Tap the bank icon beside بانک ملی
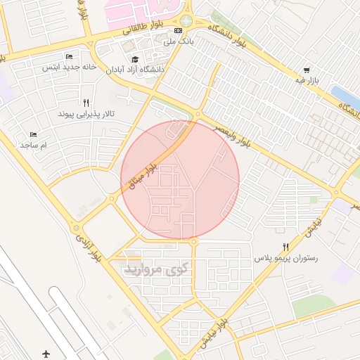coord(179,31)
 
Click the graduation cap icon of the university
coord(134,59)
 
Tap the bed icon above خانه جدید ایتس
coord(69,56)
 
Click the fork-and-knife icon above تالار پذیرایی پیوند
coord(86,102)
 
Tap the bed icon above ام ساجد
coord(33,134)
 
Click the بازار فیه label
coord(307,82)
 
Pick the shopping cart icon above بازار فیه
coord(307,70)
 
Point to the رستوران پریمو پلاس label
coord(286,259)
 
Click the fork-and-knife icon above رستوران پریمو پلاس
coord(285,247)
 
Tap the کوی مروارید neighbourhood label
coord(156,269)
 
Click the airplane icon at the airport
coord(46,353)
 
